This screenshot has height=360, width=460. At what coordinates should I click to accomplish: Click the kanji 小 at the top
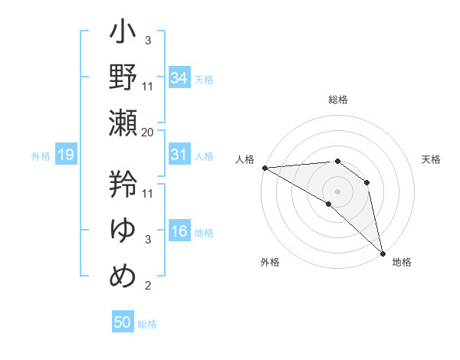[123, 34]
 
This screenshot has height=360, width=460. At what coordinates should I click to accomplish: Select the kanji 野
[123, 77]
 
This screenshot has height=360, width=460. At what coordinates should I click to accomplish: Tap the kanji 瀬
[123, 122]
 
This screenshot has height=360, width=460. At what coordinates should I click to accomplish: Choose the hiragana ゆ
[123, 229]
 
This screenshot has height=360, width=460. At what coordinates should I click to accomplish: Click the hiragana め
[123, 275]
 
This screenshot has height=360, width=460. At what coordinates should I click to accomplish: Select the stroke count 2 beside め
[147, 286]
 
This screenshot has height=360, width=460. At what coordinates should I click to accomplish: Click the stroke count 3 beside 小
[147, 41]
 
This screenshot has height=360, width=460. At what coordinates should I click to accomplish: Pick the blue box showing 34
[179, 77]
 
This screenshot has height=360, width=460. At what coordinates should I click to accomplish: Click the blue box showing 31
[179, 155]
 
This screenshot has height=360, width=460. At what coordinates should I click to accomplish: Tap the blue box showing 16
[179, 232]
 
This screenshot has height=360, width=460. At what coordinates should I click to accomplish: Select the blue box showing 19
[65, 155]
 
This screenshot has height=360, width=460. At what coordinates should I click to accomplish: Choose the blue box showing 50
[123, 322]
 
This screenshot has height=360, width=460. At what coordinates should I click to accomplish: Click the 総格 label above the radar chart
[338, 100]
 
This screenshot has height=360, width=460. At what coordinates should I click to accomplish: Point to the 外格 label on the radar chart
[270, 262]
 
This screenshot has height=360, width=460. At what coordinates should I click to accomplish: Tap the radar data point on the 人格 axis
[264, 167]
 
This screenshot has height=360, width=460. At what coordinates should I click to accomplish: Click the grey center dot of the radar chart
[337, 191]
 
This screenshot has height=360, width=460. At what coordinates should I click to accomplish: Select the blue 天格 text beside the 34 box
[204, 79]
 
